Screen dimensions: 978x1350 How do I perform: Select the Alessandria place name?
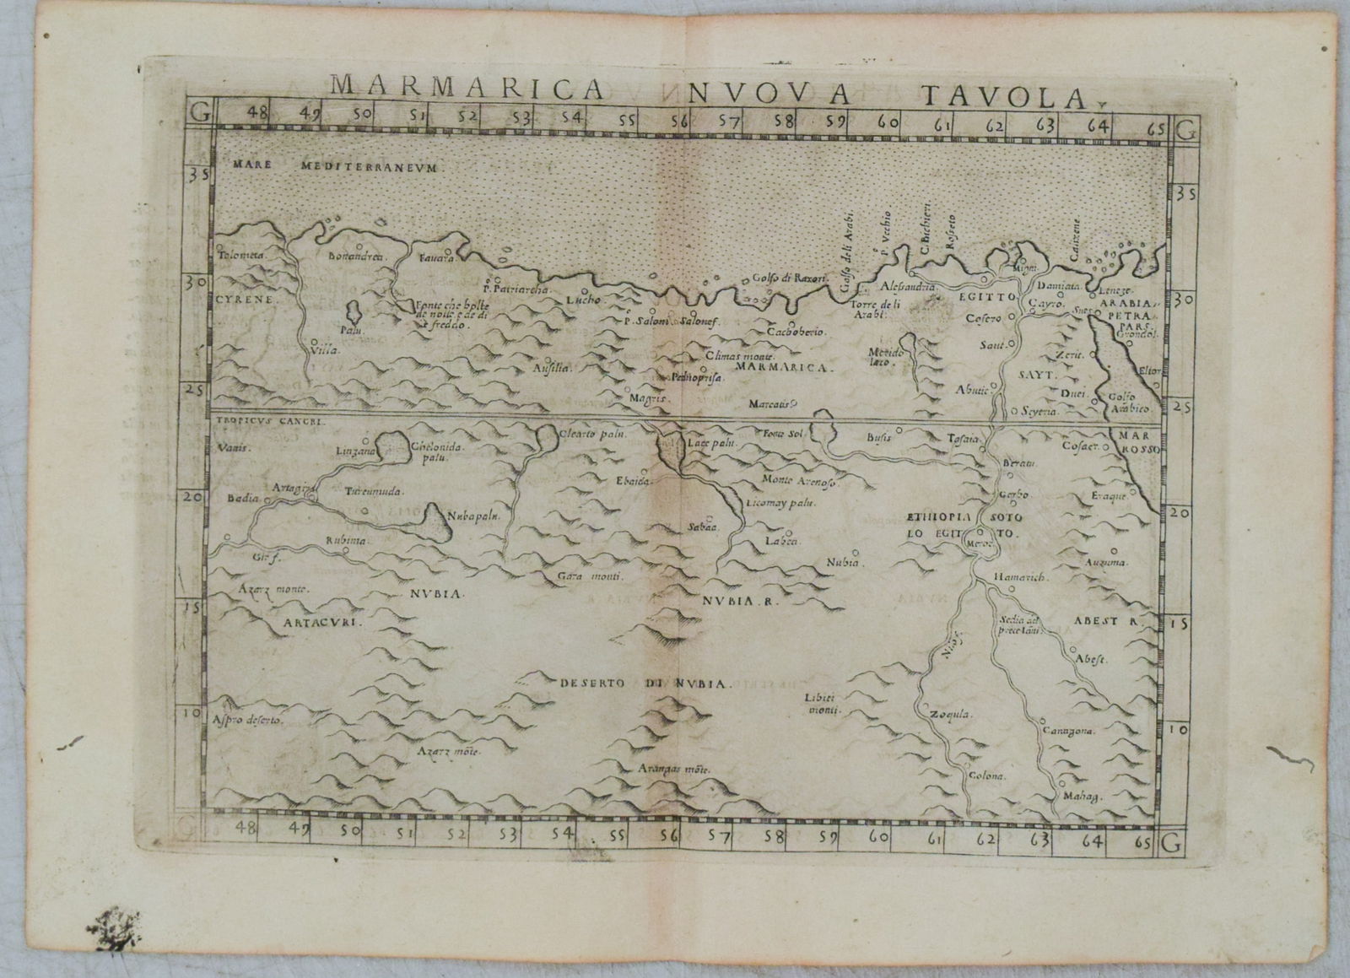909,287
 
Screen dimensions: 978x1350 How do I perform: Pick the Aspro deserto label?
250,721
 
